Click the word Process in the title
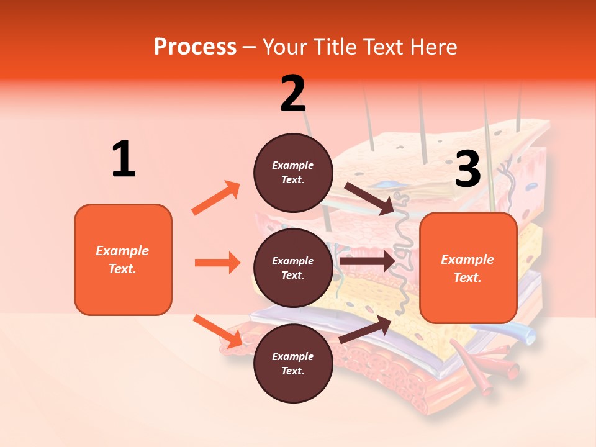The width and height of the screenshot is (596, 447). pyautogui.click(x=195, y=47)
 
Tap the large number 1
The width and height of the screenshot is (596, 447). pyautogui.click(x=124, y=159)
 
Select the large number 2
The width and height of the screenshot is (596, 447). pyautogui.click(x=293, y=93)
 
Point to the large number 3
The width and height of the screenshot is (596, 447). pyautogui.click(x=467, y=169)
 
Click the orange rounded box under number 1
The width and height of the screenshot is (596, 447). pyautogui.click(x=123, y=260)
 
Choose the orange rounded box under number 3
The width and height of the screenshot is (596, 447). pyautogui.click(x=468, y=268)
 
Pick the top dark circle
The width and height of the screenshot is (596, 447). pyautogui.click(x=293, y=173)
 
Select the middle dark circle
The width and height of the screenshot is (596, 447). pyautogui.click(x=293, y=268)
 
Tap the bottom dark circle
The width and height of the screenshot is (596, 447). pyautogui.click(x=293, y=363)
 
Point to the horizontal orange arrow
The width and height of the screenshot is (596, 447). pyautogui.click(x=217, y=263)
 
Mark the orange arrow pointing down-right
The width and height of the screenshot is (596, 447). pyautogui.click(x=217, y=331)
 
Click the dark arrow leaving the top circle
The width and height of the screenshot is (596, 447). pyautogui.click(x=369, y=198)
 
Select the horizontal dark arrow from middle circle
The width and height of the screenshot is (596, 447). pyautogui.click(x=368, y=261)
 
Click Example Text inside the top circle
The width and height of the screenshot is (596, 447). pyautogui.click(x=293, y=173)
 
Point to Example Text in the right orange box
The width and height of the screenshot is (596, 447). pyautogui.click(x=467, y=268)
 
